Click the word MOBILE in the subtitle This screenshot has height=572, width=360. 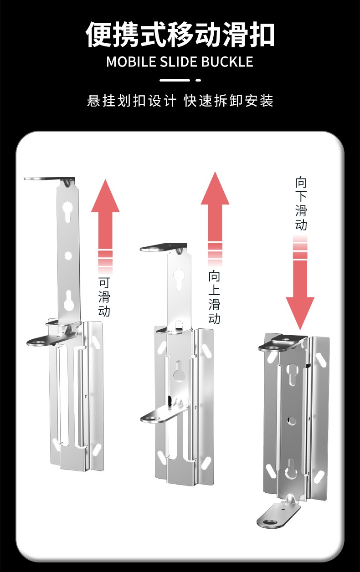(x=131, y=62)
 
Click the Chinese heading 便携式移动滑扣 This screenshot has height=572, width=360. (x=180, y=35)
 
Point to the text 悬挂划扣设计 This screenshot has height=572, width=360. (x=132, y=101)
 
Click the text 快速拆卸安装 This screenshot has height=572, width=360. (x=229, y=101)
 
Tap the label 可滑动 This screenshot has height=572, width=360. (x=104, y=297)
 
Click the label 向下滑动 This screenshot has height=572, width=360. (x=301, y=204)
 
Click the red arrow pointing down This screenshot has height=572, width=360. (x=300, y=283)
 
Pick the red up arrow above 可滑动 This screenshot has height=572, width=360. (x=105, y=226)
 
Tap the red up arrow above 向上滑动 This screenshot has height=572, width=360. (x=215, y=219)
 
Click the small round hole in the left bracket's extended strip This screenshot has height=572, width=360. (x=68, y=255)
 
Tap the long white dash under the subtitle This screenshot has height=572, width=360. (x=175, y=80)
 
